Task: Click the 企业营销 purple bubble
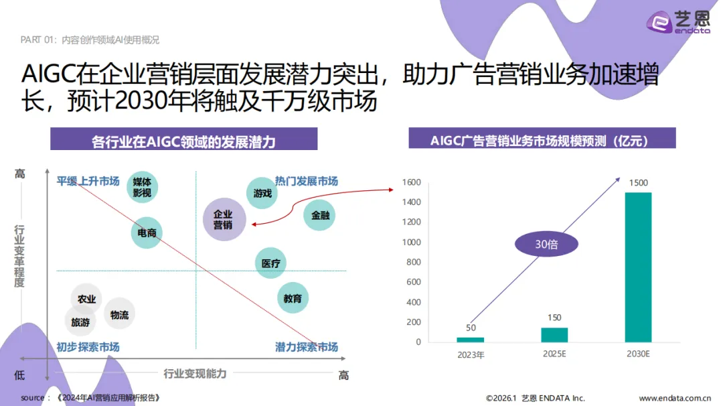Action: point(224,220)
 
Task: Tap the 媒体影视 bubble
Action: point(142,187)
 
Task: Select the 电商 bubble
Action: point(147,232)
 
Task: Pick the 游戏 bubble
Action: point(262,194)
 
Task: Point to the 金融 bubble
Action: point(319,216)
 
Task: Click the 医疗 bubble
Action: point(271,263)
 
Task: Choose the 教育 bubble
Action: point(293,298)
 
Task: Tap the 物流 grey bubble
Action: point(120,314)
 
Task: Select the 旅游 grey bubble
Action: point(80,322)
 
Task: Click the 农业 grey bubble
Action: point(86,299)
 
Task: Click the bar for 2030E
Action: point(638,267)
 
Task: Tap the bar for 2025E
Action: point(554,335)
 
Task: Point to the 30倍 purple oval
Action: point(546,245)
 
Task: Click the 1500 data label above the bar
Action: point(639,183)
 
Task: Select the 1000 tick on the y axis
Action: point(411,242)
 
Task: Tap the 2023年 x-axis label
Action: point(470,354)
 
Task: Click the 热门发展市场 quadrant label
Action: point(307,181)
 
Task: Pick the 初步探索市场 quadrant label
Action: point(88,347)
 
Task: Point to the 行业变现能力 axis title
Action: point(195,373)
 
